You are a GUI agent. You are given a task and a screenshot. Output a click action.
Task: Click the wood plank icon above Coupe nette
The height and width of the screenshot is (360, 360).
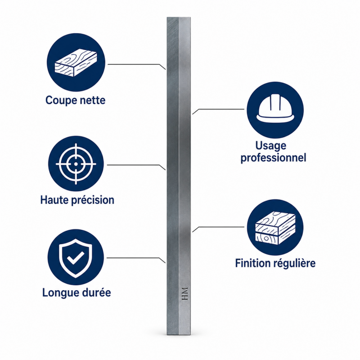click(76, 63)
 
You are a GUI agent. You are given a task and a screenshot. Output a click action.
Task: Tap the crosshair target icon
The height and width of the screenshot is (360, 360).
click(76, 164)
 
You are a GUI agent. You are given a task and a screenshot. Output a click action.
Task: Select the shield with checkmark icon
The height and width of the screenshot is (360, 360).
click(76, 258)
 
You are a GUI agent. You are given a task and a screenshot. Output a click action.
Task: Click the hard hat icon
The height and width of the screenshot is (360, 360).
click(275, 108)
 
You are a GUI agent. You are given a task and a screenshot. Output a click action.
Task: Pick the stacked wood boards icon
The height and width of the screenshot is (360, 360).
click(275, 228)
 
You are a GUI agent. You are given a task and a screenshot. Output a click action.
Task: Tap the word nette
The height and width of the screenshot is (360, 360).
click(93, 100)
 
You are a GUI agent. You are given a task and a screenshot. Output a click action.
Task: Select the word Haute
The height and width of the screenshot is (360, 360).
click(54, 200)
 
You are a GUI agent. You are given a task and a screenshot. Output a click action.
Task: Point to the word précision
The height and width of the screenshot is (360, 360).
click(93, 200)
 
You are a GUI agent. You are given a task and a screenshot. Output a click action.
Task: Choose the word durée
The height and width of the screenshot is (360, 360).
click(96, 292)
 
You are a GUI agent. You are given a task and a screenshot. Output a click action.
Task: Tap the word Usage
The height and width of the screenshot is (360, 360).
click(271, 146)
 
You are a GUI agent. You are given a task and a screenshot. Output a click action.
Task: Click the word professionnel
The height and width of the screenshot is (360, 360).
click(273, 158)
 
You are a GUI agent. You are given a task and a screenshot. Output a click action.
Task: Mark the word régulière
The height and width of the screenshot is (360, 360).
click(296, 263)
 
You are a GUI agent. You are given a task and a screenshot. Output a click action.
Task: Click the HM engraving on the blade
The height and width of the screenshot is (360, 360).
click(185, 294)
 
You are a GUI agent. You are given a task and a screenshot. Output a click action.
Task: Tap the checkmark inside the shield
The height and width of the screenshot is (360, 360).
click(76, 257)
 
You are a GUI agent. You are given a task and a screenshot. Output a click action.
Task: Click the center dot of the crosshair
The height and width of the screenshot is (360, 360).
click(76, 164)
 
